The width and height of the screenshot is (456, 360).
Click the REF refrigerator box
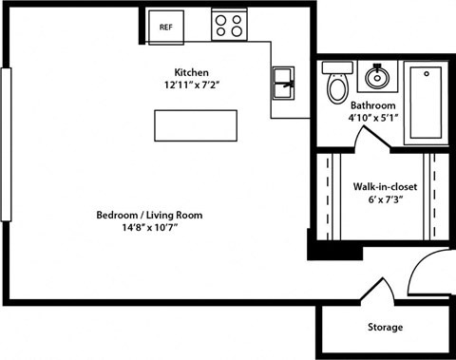coord(165,26)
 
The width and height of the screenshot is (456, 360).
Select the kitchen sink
coord(284,83)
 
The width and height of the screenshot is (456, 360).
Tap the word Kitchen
coord(191,72)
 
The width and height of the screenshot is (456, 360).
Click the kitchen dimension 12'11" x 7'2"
coord(191,85)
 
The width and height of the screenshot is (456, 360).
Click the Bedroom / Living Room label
coord(150,215)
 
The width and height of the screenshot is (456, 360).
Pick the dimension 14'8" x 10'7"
coord(150,228)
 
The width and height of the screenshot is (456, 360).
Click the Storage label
coord(385,328)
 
